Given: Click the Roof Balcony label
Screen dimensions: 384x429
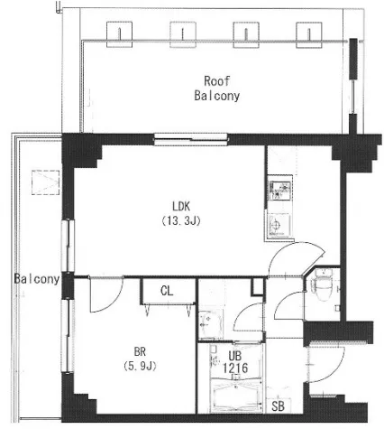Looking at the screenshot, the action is coord(217,89).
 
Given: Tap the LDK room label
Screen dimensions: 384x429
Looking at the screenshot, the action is coord(181,207).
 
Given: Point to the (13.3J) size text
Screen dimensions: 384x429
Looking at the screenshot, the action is coord(181,221).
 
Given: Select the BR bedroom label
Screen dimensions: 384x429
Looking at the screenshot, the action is coord(140,351).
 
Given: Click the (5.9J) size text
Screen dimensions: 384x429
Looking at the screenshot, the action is coord(140,366).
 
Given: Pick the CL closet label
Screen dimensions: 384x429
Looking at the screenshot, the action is coord(167,291).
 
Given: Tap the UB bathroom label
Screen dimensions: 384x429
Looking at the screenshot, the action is coord(234,356).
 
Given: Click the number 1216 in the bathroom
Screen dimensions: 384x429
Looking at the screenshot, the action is coord(235,368).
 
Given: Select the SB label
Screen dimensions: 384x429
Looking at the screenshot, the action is coord(278,406).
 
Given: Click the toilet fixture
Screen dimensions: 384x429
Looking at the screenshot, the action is coord(322,285).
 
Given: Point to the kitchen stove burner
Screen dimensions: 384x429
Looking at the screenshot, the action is coord(280,191).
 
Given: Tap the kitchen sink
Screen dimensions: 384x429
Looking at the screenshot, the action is coord(279,225).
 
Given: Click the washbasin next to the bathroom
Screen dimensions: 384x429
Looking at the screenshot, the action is coord(211,324).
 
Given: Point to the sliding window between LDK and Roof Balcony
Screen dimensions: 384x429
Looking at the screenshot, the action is coord(191,140).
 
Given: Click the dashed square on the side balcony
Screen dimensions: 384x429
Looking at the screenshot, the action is coord(46,182).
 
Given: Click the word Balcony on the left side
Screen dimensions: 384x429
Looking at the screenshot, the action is coord(37,279).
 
